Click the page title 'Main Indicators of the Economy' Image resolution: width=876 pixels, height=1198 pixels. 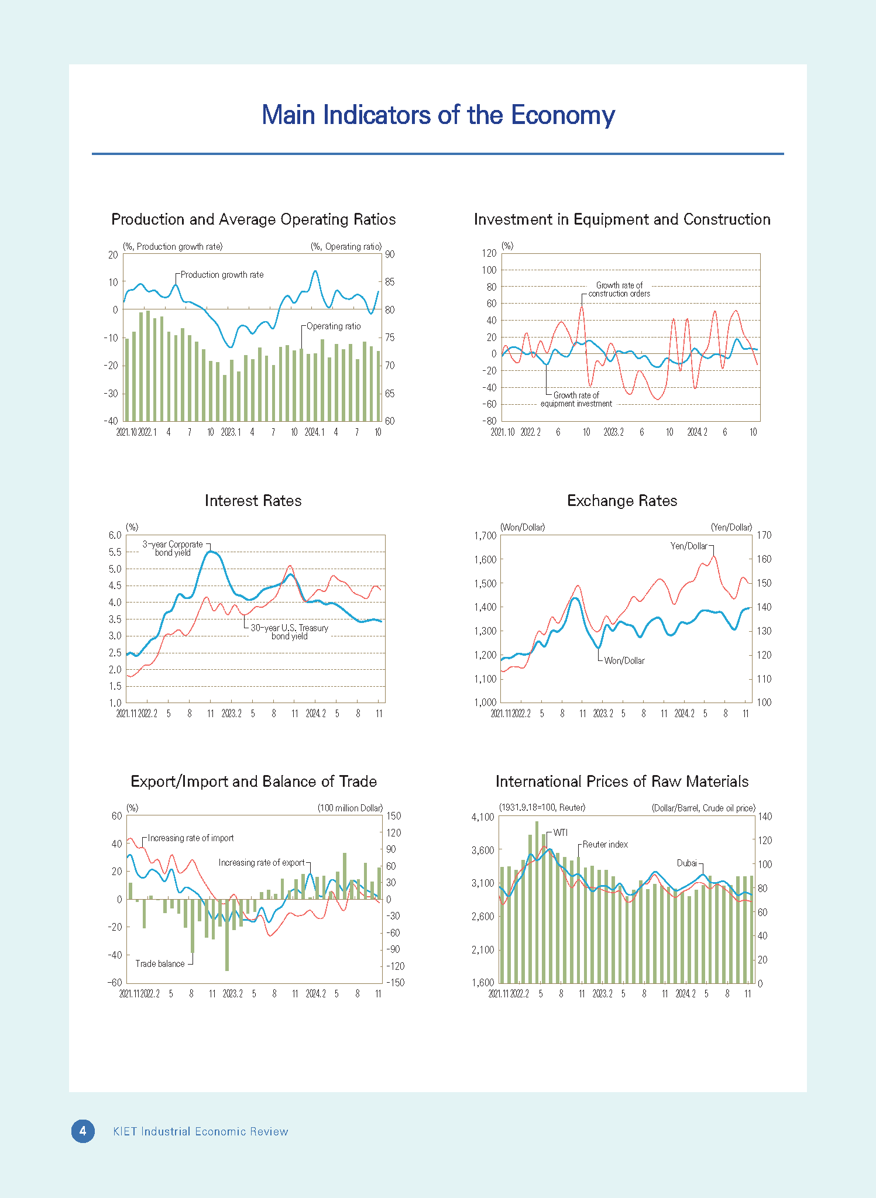[438, 115]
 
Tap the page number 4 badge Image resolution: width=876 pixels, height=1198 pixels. [83, 1131]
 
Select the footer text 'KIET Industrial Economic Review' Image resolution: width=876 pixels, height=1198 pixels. [201, 1131]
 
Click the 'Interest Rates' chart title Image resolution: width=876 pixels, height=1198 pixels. [253, 501]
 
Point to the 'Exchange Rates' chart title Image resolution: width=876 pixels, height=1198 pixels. [622, 501]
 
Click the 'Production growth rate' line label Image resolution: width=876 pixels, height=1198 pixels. [222, 275]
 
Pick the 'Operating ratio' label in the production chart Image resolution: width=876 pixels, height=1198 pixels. [334, 326]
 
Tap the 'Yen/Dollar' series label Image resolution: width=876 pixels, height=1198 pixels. [689, 546]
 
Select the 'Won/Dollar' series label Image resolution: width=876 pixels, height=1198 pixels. [624, 660]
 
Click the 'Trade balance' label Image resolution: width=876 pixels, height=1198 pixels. [160, 963]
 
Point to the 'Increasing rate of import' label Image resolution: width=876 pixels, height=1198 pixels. [191, 838]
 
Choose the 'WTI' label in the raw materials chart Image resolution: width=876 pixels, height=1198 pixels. [560, 832]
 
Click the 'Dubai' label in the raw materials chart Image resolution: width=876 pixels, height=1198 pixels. [687, 863]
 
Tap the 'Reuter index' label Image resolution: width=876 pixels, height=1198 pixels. [605, 845]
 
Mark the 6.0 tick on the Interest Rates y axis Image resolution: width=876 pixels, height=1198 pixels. [115, 535]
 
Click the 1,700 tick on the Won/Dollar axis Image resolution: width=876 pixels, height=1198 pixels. [485, 536]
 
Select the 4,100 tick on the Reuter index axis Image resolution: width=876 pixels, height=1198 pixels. [483, 817]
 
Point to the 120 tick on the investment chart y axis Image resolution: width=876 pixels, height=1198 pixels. [489, 253]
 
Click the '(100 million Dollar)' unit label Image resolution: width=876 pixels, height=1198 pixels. [350, 808]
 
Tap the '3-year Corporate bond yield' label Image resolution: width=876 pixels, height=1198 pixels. [173, 549]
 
